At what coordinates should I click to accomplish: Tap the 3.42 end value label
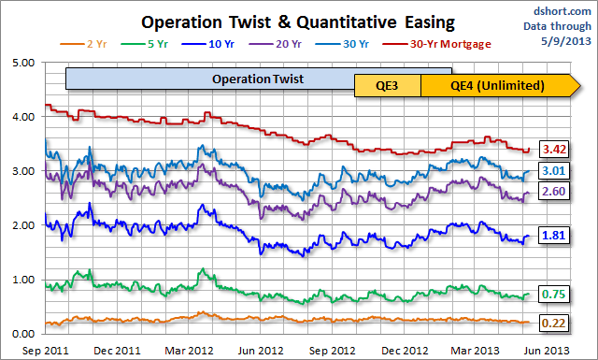click(x=556, y=150)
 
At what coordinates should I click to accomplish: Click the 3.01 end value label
click(x=556, y=171)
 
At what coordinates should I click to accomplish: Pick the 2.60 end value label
click(x=556, y=192)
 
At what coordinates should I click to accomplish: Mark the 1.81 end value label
click(x=556, y=236)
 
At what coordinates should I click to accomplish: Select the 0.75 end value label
click(x=556, y=293)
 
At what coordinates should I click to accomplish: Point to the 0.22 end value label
click(x=556, y=322)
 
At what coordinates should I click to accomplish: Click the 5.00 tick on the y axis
click(x=21, y=63)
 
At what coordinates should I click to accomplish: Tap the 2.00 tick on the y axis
click(x=21, y=225)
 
